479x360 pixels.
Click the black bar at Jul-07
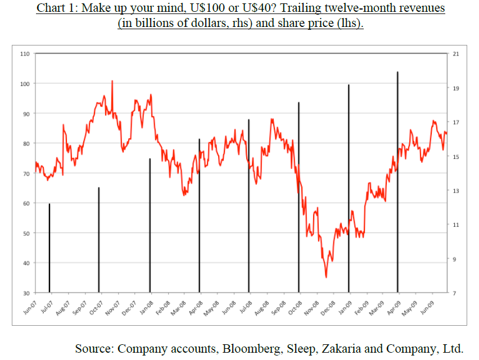[49, 248]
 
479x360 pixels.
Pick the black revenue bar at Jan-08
[150, 225]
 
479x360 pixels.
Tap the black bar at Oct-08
[299, 197]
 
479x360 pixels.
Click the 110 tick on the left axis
[25, 54]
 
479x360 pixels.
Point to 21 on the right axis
[455, 54]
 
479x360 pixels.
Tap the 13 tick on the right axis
[455, 191]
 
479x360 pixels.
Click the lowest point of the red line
[326, 277]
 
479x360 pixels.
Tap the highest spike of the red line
[112, 81]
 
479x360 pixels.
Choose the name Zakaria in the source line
[342, 348]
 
